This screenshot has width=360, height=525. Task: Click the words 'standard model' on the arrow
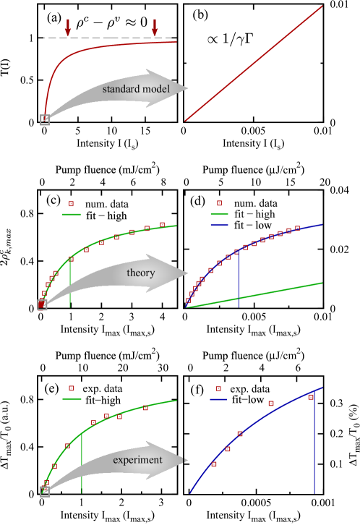[x=135, y=89]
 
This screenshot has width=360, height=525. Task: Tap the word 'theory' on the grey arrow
[x=141, y=273]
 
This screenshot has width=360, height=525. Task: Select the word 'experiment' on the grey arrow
[x=137, y=460]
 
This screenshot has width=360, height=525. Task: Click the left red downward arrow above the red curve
[x=68, y=27]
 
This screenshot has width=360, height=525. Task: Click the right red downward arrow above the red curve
[x=154, y=27]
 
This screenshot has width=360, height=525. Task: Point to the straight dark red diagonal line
[x=253, y=63]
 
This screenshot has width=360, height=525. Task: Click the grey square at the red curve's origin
[x=45, y=120]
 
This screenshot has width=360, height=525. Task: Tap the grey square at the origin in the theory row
[x=42, y=305]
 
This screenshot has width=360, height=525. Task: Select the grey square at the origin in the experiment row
[x=45, y=492]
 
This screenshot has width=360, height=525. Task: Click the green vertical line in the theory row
[x=70, y=286]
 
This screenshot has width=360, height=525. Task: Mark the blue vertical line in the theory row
[x=239, y=282]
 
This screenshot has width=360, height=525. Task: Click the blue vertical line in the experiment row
[x=314, y=448]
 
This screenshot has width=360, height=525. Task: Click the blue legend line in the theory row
[x=219, y=226]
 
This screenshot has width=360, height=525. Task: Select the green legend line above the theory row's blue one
[x=219, y=214]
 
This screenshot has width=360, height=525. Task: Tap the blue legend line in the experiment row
[x=218, y=399]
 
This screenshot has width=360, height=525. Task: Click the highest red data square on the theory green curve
[x=162, y=225]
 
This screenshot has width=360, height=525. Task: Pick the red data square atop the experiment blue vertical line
[x=311, y=397]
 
